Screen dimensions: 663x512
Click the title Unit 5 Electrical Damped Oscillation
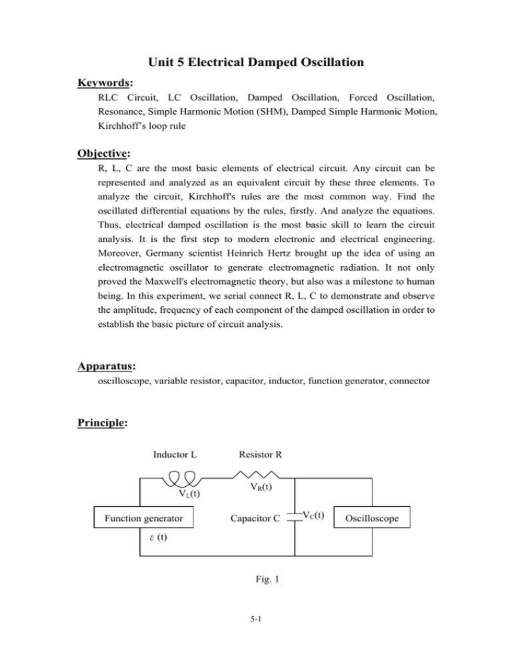click(x=256, y=64)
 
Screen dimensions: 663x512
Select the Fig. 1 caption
click(x=256, y=580)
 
